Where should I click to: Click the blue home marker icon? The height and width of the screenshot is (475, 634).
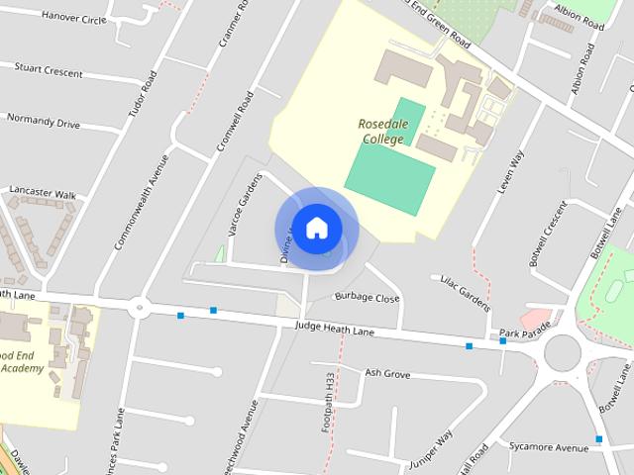316,228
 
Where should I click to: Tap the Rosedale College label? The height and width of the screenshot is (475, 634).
381,132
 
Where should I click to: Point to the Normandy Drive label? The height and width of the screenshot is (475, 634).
43,124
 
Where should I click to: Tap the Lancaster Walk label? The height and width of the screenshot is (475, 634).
43,194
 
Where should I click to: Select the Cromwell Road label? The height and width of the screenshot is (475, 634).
236,123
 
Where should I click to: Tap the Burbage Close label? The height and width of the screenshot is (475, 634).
367,297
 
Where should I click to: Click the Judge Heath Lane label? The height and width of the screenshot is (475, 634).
335,327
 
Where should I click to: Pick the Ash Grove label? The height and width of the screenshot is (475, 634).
387,373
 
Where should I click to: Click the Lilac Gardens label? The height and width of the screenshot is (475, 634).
461,292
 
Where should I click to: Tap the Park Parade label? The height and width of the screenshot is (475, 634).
524,333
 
